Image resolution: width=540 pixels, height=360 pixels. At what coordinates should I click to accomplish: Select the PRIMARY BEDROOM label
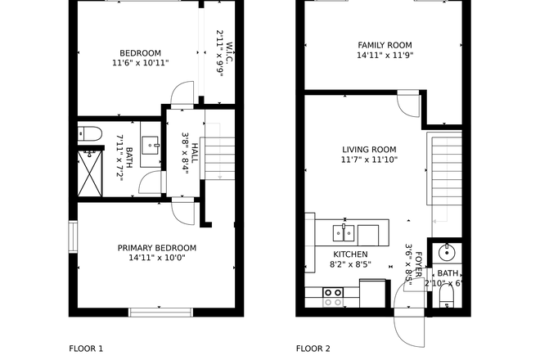coord(156,248)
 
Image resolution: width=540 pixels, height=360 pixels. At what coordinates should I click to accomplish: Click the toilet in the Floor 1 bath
coord(89,133)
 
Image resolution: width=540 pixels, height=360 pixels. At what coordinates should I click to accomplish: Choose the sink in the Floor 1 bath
coord(151,147)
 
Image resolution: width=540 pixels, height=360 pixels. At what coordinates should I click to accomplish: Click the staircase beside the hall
coord(218,151)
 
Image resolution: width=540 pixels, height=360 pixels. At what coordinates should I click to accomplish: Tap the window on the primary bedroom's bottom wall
coord(160,311)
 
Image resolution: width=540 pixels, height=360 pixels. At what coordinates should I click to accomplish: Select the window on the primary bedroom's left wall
coord(73,238)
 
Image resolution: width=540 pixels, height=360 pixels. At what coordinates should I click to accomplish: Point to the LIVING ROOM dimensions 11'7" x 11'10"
coord(368,160)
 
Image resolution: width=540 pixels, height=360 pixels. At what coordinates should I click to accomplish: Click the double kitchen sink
coord(344,233)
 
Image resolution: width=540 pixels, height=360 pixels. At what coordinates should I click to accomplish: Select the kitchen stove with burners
coord(332,296)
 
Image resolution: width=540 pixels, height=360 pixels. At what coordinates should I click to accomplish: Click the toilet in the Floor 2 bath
coord(447,295)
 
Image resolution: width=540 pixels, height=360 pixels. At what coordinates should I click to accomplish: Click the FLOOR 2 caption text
coord(313,349)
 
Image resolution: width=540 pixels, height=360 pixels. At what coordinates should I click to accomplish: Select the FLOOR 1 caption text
coord(86,349)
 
